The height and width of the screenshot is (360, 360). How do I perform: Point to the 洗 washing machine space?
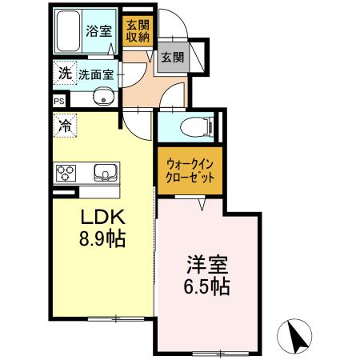(x=63, y=73)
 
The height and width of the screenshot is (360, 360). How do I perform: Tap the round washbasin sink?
(x=101, y=98)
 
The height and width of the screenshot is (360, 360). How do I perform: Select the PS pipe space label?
(x=58, y=101)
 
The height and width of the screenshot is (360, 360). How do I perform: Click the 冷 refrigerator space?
(x=64, y=125)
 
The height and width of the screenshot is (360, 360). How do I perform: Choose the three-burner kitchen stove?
(x=66, y=173)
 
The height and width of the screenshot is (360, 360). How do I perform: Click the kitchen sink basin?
(x=103, y=173)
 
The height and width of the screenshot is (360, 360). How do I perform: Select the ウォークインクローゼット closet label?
(x=189, y=171)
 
